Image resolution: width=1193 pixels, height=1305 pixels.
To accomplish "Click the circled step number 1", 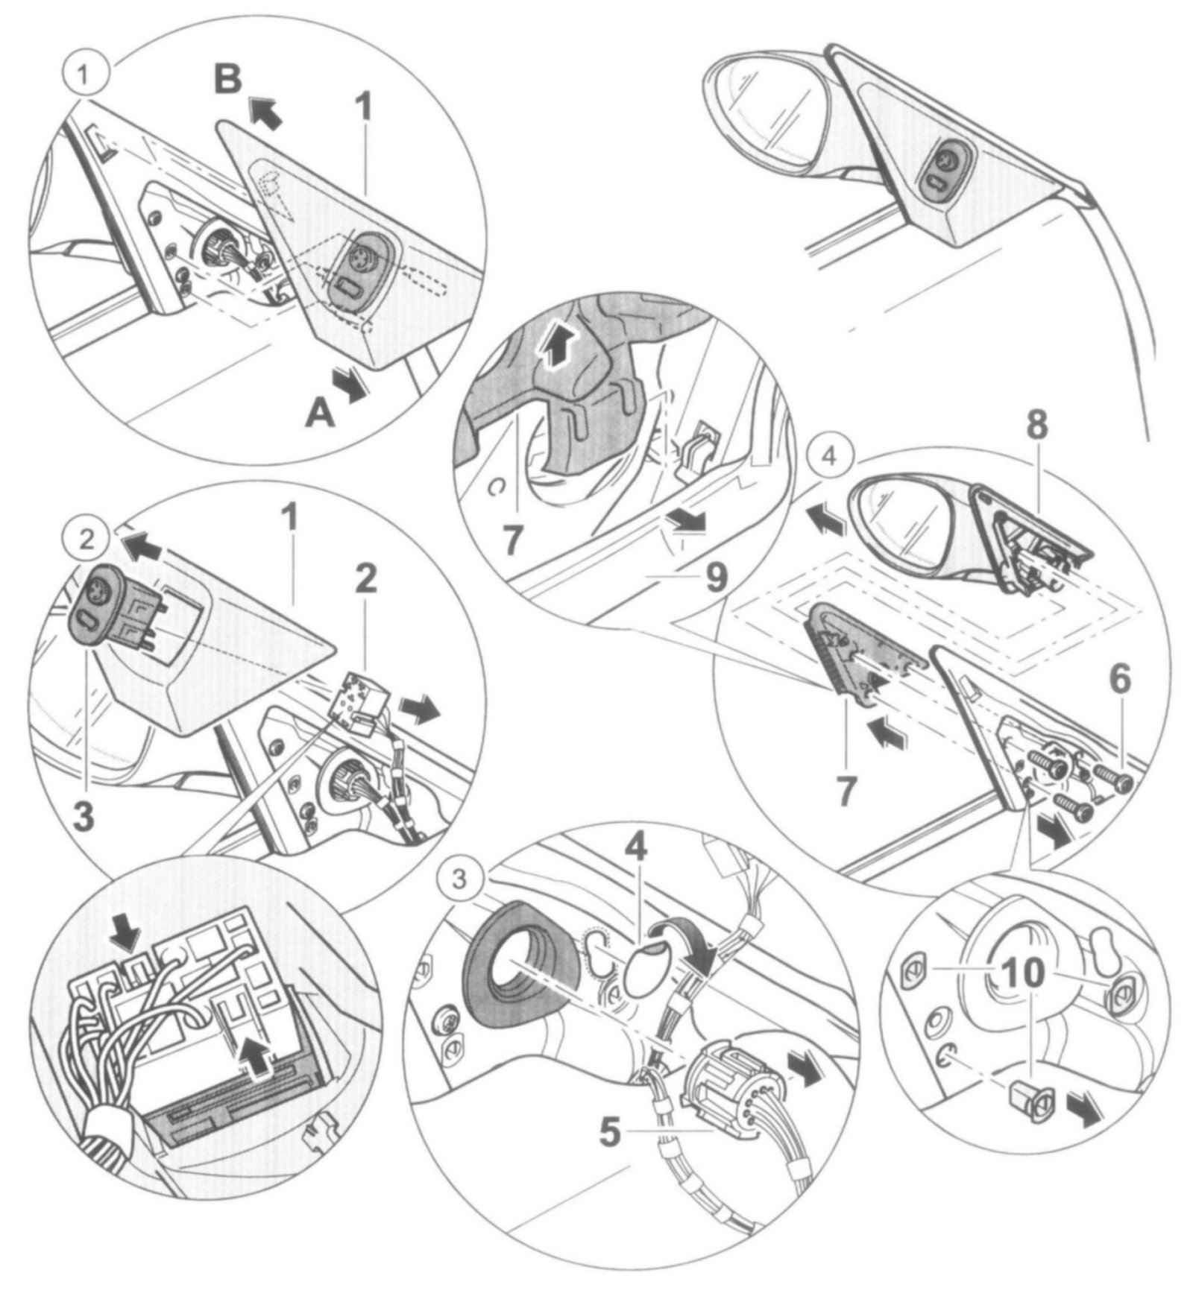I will pyautogui.click(x=87, y=75).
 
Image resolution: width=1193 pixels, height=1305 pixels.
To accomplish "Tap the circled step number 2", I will pyautogui.click(x=87, y=540).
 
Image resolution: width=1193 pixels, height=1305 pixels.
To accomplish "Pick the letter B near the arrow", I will pyautogui.click(x=227, y=79).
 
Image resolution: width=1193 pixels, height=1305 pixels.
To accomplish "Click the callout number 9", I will pyautogui.click(x=716, y=578).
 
